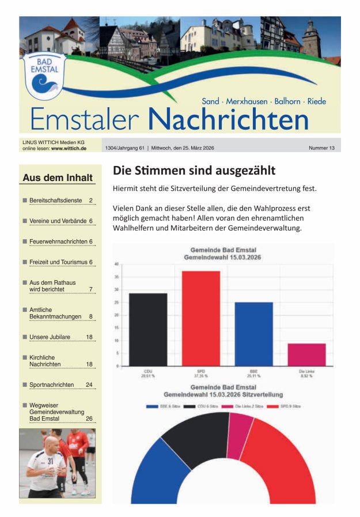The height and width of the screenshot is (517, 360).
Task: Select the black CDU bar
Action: point(148,329)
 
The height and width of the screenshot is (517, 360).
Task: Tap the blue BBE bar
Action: point(253,334)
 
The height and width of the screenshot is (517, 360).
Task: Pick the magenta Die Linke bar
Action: point(306,354)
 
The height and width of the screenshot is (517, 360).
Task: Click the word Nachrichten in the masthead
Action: point(228,119)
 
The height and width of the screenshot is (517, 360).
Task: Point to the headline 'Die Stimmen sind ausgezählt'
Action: point(194,171)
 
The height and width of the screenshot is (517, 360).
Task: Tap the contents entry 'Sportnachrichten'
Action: point(51,384)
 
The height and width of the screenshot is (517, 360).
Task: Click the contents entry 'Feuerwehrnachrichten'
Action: point(58,241)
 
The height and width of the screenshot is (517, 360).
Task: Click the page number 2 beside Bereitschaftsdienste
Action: point(91,201)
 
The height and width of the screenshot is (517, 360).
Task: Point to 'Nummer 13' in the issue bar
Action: point(321,148)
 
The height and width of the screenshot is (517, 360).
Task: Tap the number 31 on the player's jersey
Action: point(50,461)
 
